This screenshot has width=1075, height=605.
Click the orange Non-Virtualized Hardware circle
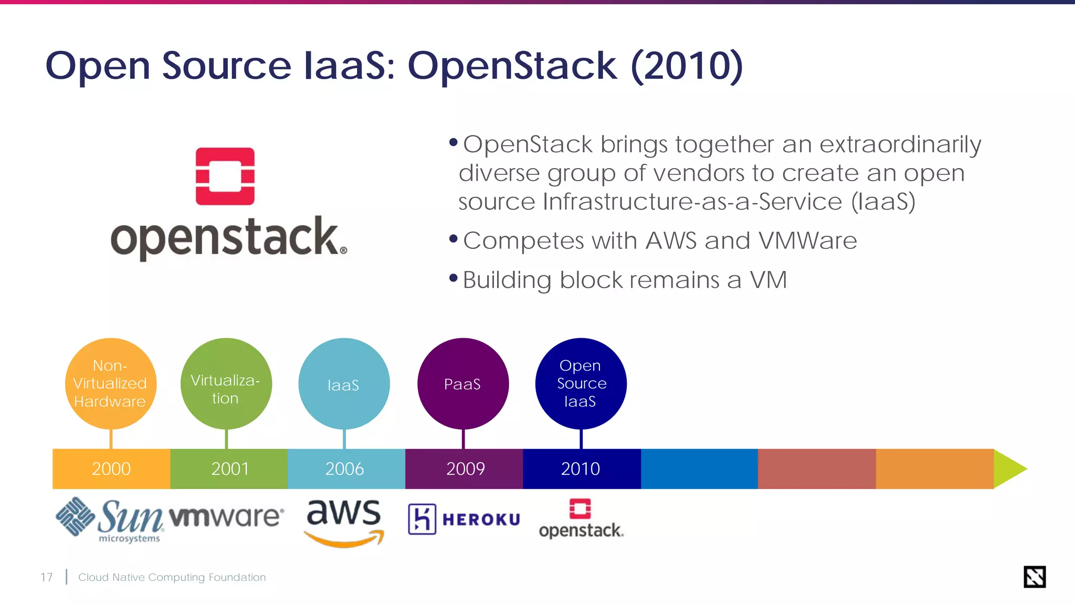[x=111, y=383]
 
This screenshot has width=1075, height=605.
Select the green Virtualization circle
[x=226, y=383]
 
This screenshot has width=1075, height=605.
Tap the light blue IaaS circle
[x=344, y=383]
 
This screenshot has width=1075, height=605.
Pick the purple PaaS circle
[x=463, y=383]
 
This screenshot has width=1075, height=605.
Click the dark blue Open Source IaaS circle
[x=581, y=383]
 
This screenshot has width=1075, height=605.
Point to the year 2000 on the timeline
[x=111, y=468]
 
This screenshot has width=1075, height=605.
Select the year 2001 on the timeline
[x=230, y=468]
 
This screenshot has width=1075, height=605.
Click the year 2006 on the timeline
[x=344, y=468]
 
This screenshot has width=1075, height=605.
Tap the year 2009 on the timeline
[x=465, y=468]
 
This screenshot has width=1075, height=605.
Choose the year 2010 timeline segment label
[x=581, y=468]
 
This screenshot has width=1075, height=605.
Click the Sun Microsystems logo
[x=109, y=519]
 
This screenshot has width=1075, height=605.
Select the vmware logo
[x=227, y=517]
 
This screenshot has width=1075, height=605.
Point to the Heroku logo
[x=464, y=519]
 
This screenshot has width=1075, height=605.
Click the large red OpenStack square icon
[x=225, y=176]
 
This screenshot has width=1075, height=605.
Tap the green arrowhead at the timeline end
[x=1008, y=468]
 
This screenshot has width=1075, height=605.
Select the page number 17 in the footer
[x=46, y=577]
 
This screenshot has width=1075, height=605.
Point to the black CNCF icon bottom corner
[x=1034, y=577]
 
